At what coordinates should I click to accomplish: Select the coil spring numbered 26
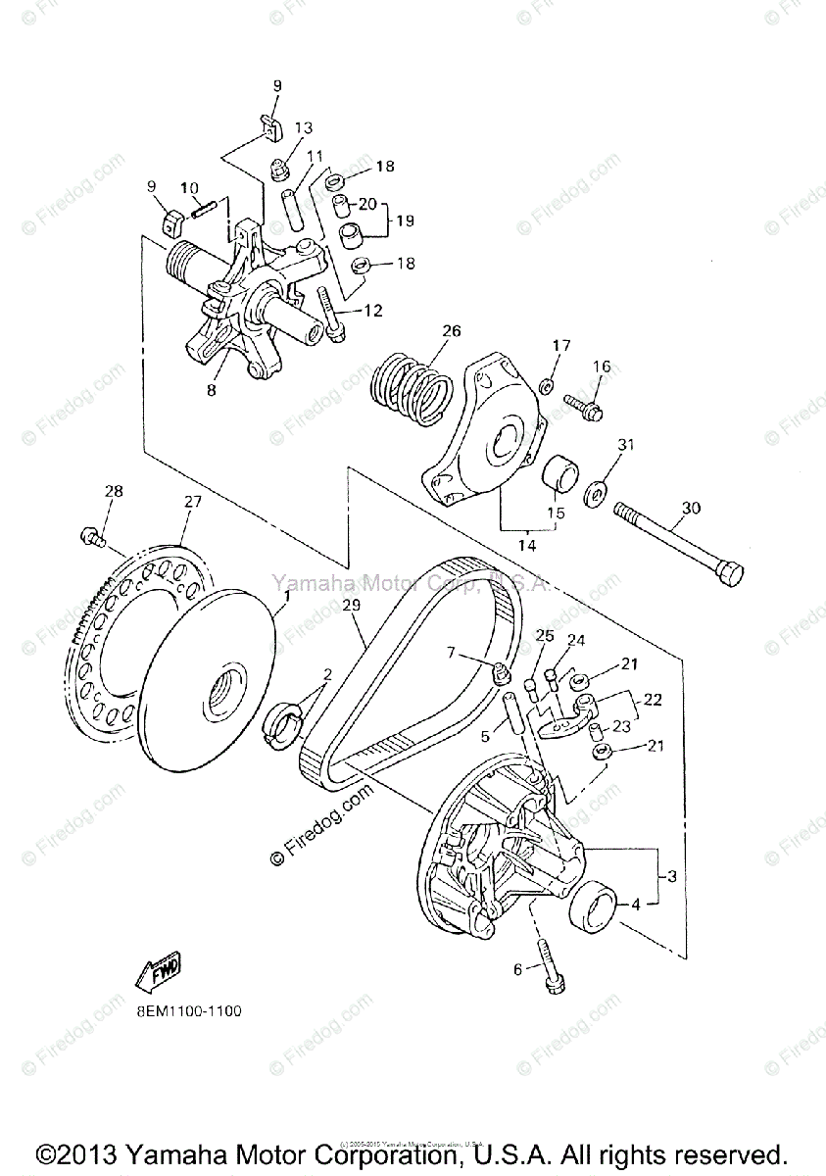(414, 390)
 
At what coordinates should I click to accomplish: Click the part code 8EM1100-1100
(183, 1010)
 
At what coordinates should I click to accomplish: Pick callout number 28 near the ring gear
(115, 491)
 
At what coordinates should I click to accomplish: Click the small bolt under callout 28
(90, 536)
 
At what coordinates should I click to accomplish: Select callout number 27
(192, 502)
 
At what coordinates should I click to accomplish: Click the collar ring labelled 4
(594, 904)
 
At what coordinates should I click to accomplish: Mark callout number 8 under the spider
(212, 390)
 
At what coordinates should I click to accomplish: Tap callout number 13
(303, 128)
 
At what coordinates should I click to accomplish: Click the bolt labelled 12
(329, 312)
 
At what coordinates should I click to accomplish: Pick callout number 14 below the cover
(527, 545)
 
